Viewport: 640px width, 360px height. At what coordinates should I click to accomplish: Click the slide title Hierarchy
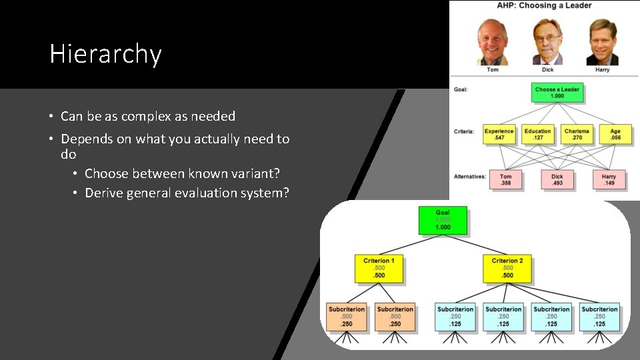105,54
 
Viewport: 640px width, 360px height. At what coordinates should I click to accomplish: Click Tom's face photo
493,41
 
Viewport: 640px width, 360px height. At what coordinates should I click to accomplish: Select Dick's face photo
547,41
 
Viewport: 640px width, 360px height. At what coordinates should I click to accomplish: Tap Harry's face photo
602,41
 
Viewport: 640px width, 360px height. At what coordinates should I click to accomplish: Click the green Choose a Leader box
557,93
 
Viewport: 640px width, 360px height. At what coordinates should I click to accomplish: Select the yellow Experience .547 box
499,135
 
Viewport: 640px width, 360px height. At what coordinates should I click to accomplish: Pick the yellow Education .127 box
537,135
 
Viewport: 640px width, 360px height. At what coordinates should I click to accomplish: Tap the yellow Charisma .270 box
577,135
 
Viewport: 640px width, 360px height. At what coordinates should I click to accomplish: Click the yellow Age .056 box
615,135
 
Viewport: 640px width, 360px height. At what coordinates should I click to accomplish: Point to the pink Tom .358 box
506,180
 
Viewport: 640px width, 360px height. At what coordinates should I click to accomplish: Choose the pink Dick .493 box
557,180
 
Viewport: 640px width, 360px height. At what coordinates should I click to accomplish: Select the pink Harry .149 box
609,180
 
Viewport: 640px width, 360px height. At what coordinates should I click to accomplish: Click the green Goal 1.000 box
443,221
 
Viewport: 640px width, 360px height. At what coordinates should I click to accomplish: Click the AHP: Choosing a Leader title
544,6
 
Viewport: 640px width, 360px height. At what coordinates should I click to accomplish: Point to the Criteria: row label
464,131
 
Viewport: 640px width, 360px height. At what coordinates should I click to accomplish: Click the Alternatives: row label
469,177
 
